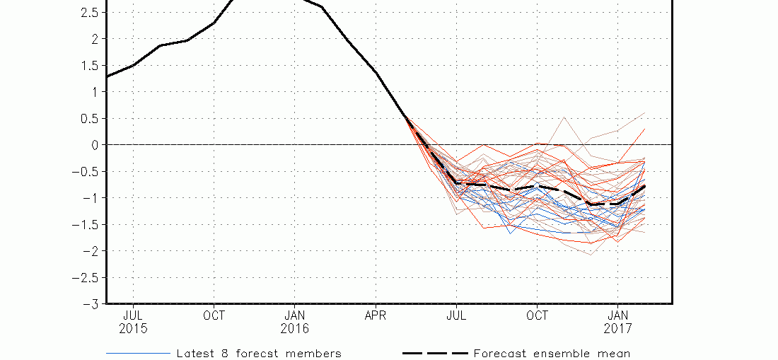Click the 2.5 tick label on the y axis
(x=89, y=13)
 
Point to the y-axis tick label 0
(x=95, y=145)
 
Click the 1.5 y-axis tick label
(x=89, y=66)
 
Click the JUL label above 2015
(x=134, y=316)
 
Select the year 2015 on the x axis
(x=134, y=329)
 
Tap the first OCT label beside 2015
(x=214, y=316)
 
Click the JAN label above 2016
(x=295, y=316)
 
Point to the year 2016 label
(x=295, y=329)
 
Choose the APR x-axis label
(x=376, y=316)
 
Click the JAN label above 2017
(x=617, y=316)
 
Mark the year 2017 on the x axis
(x=617, y=329)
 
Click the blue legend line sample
(x=139, y=354)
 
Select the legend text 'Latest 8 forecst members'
(x=259, y=354)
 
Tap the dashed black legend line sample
(x=435, y=354)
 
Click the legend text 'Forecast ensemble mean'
(x=552, y=354)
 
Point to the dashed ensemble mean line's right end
(x=644, y=186)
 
